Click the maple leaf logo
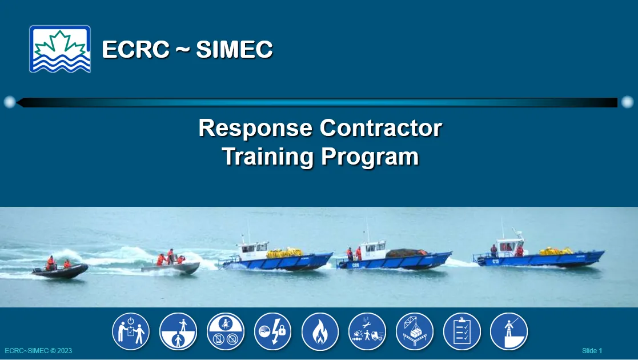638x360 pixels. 60,49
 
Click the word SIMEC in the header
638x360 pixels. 234,49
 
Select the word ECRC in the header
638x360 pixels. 135,49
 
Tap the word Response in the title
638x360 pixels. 255,128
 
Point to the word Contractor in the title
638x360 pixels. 381,128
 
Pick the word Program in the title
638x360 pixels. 370,157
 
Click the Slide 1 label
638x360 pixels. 592,351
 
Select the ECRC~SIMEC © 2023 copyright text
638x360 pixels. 38,351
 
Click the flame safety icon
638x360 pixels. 320,331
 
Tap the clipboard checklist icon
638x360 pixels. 462,331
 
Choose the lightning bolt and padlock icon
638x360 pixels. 272,331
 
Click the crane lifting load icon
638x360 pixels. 414,331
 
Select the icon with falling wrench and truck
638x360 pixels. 367,331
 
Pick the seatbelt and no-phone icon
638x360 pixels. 226,331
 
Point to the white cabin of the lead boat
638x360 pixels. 508,246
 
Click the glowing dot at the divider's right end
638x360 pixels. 627,102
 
